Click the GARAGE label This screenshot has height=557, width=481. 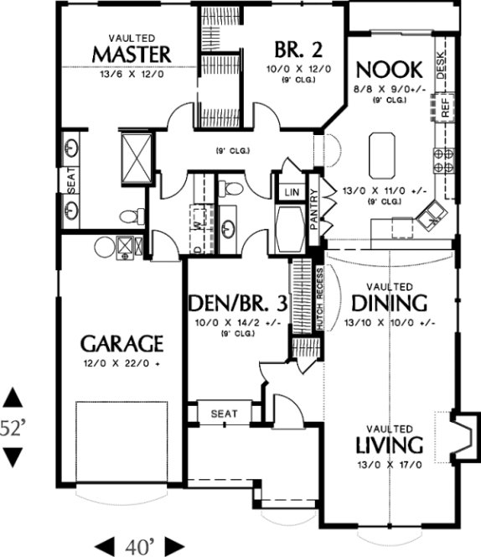click(121, 343)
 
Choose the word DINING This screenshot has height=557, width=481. click(389, 303)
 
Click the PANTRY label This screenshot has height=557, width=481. click(314, 211)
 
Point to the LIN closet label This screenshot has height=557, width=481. click(292, 192)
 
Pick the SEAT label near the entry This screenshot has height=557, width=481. click(224, 414)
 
